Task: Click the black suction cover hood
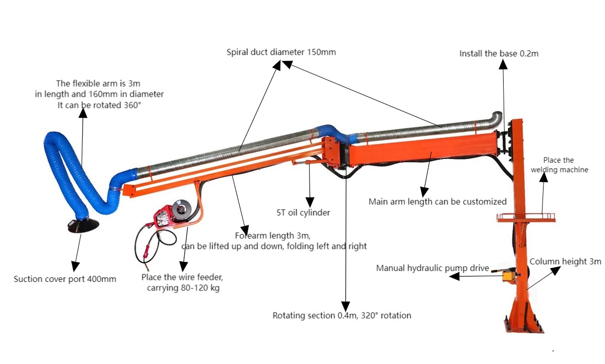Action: tap(83, 226)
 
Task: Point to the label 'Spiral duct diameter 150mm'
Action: tap(281, 52)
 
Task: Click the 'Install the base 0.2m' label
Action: tap(499, 53)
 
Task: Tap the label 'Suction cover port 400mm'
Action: tap(65, 279)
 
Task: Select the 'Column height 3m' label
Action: tap(565, 262)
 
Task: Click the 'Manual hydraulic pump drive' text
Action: tap(432, 268)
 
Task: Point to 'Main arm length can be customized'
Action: tap(437, 201)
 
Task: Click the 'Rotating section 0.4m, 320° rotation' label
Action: tap(342, 316)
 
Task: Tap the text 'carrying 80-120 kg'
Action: tap(183, 288)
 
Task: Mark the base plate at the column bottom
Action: tap(524, 329)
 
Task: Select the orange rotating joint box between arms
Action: tap(333, 151)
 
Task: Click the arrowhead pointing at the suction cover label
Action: tap(75, 266)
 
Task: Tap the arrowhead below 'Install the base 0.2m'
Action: tap(503, 64)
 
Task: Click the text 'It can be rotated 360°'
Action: tap(99, 105)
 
